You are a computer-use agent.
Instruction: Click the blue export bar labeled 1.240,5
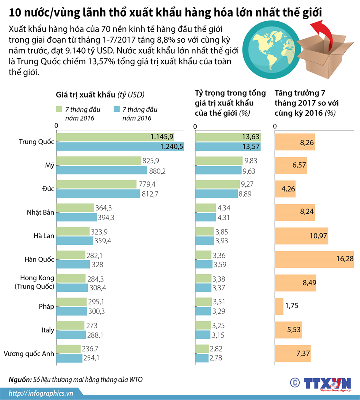(x=120, y=146)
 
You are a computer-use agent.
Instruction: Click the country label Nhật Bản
(x=40, y=212)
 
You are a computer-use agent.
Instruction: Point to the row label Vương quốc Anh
(x=28, y=354)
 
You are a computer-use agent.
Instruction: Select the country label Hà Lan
(x=44, y=236)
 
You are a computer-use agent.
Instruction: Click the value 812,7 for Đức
(x=150, y=194)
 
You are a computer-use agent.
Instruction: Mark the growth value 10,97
(x=318, y=235)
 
